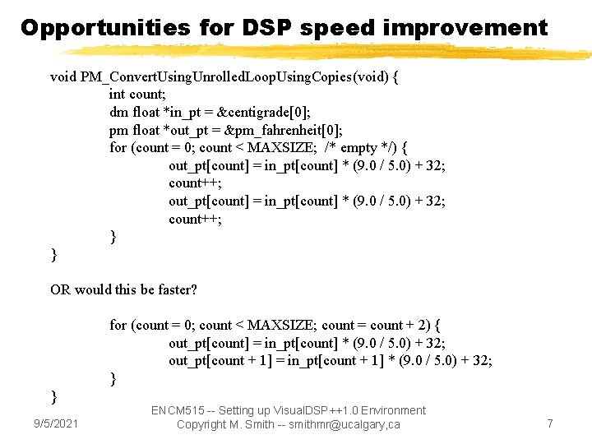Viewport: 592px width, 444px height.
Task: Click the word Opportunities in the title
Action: [x=104, y=28]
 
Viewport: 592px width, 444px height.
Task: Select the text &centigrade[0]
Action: [x=267, y=112]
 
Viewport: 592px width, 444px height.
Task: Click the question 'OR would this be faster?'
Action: [x=124, y=289]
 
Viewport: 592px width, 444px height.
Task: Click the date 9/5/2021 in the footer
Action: [x=56, y=423]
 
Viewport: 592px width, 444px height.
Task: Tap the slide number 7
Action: [x=550, y=423]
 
